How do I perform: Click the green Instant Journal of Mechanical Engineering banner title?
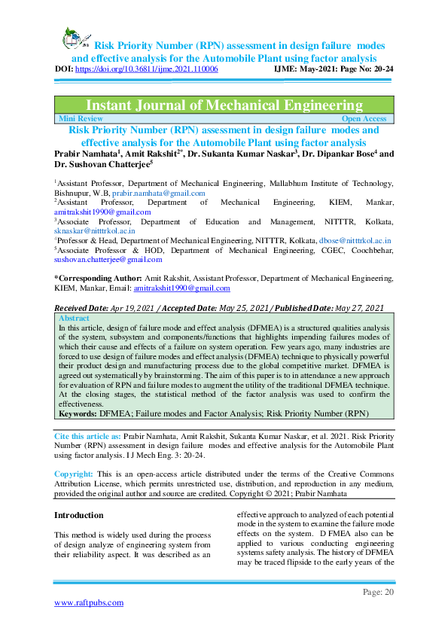(224, 105)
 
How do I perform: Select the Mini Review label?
(80, 118)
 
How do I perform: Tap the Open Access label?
(364, 118)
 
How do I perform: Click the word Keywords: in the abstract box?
(76, 413)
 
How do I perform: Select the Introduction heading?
(78, 515)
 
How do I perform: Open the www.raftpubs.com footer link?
(88, 602)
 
